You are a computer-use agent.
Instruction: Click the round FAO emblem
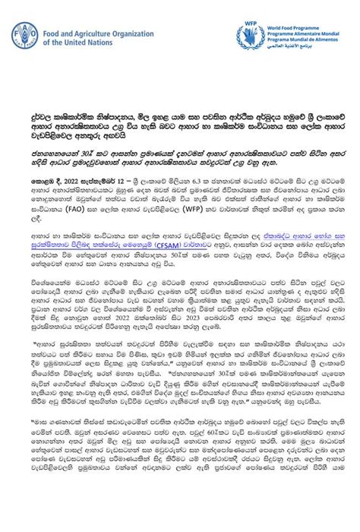click(24, 36)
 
